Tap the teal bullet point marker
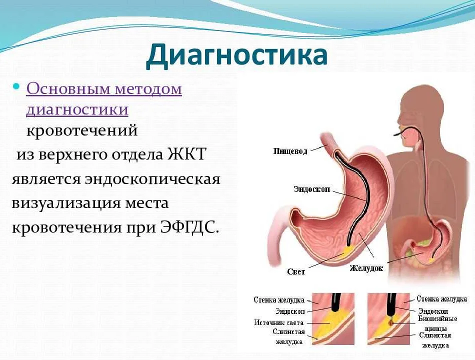16,87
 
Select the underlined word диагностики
77,109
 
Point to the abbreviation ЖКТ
186,153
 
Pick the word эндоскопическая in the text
152,179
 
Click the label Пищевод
290,151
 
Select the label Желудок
366,268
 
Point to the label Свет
296,271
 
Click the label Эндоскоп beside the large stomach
311,189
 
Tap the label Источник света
278,322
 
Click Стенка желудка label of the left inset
279,300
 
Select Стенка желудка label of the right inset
441,299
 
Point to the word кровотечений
82,131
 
